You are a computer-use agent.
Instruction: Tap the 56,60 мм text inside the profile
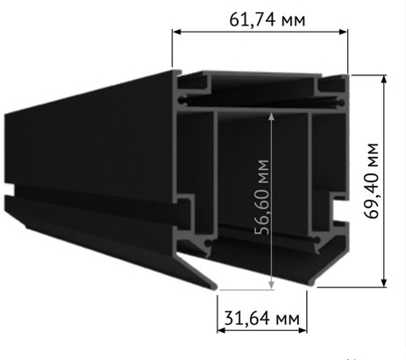pyautogui.click(x=260, y=198)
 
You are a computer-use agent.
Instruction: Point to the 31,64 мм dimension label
pyautogui.click(x=260, y=316)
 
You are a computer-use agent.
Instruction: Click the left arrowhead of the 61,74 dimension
pyautogui.click(x=175, y=32)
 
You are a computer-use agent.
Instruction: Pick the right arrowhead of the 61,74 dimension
pyautogui.click(x=345, y=32)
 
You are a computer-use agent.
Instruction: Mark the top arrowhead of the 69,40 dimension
pyautogui.click(x=385, y=79)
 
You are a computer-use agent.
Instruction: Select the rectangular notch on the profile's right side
pyautogui.click(x=338, y=209)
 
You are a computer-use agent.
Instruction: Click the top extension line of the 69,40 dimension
pyautogui.click(x=368, y=74)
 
